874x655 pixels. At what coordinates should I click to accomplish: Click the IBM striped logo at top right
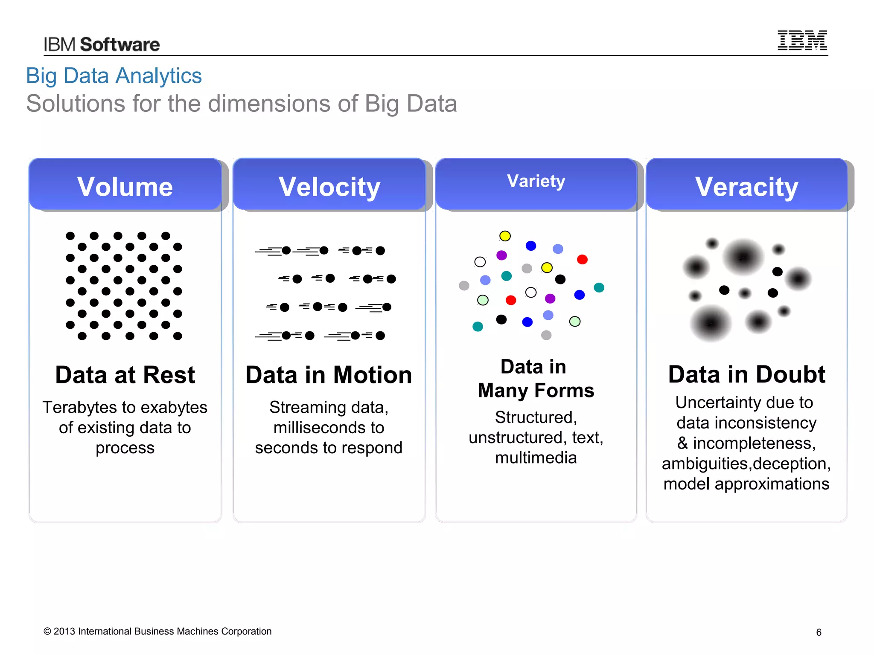pos(802,41)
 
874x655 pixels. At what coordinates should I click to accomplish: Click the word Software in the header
pos(120,45)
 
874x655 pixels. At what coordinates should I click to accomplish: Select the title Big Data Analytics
pos(114,76)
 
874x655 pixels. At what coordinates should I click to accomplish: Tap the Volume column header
pos(125,186)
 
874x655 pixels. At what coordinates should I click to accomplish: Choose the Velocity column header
pos(329,186)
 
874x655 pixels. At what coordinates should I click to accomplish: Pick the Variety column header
pos(536,181)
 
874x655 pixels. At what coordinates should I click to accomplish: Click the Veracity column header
pos(746,186)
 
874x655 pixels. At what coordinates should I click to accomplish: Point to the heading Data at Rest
pos(125,375)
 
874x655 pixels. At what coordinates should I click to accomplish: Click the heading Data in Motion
pos(329,375)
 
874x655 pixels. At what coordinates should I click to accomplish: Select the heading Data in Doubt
pos(746,374)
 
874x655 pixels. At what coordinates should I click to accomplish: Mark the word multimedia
pos(536,458)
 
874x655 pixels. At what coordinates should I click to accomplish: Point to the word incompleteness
pos(754,443)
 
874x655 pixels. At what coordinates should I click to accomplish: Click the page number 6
pos(819,632)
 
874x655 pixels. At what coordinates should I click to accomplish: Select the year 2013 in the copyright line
pos(64,632)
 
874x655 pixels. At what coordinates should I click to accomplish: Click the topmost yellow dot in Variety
pos(505,236)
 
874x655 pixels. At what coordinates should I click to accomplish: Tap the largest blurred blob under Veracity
pos(743,257)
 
